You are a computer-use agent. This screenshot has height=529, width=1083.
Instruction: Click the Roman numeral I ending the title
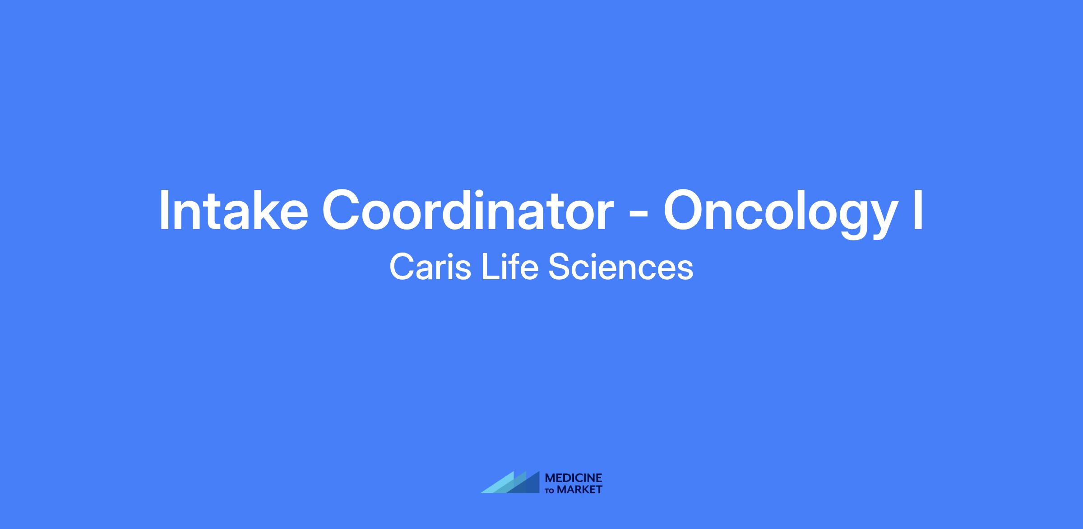918,210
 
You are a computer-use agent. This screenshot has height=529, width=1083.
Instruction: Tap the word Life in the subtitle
510,267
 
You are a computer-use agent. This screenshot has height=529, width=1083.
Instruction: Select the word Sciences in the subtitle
621,267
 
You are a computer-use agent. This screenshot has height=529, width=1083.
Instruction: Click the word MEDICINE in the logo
574,478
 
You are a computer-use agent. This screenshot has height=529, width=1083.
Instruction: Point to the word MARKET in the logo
580,490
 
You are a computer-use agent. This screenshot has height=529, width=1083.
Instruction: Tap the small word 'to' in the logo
551,491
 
